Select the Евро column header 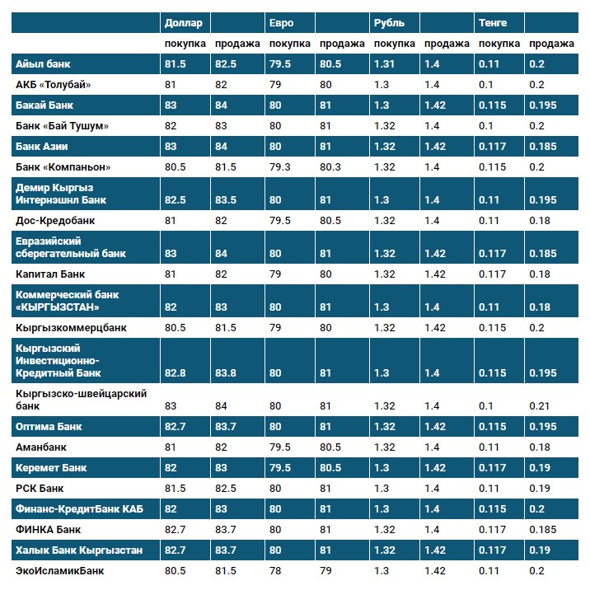point(280,23)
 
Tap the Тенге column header point(493,23)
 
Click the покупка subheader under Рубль point(394,44)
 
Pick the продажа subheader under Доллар point(237,44)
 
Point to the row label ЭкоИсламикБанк point(59,569)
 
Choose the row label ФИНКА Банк point(48,529)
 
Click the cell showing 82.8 point(176,373)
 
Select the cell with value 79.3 point(279,167)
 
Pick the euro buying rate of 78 point(275,569)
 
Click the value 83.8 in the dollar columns point(226,373)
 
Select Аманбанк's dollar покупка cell point(171,447)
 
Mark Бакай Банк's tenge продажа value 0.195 point(542,105)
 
